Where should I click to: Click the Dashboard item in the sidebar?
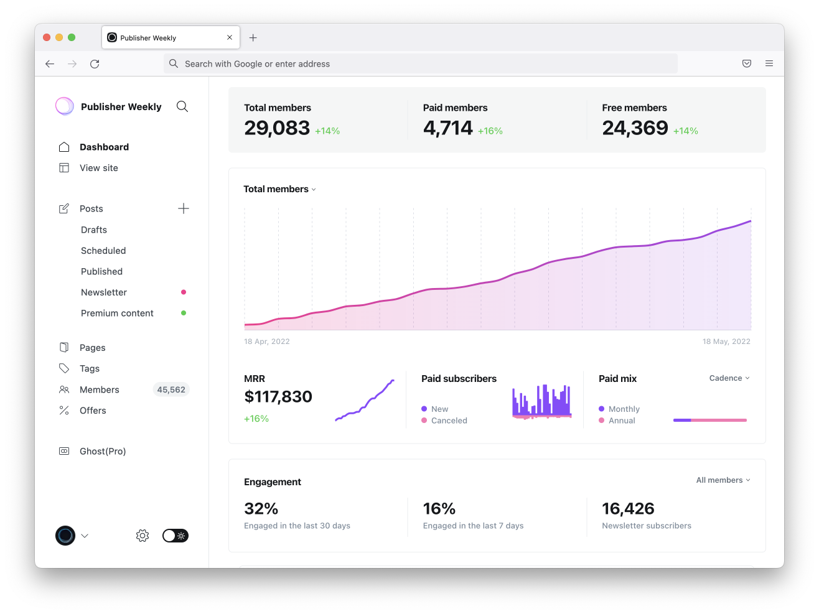click(x=104, y=147)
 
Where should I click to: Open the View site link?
click(x=98, y=168)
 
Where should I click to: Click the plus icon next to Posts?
click(x=184, y=208)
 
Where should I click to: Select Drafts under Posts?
click(x=94, y=230)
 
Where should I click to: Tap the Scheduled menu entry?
click(x=103, y=251)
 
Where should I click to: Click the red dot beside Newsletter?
click(x=184, y=292)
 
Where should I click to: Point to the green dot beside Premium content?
click(x=184, y=313)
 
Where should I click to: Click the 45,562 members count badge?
click(x=171, y=389)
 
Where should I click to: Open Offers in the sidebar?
click(x=93, y=411)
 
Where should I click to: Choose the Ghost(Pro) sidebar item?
click(x=103, y=451)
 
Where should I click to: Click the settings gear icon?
click(x=143, y=536)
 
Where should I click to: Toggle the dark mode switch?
click(x=175, y=536)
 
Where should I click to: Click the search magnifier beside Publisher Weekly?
click(x=182, y=106)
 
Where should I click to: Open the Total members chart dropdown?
click(x=280, y=189)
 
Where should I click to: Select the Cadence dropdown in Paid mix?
click(x=729, y=378)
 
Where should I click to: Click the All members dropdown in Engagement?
click(x=723, y=480)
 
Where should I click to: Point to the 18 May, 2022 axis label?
click(x=726, y=342)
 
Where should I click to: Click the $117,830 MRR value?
click(x=278, y=397)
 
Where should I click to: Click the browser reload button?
click(x=95, y=64)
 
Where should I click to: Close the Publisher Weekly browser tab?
click(x=230, y=37)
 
